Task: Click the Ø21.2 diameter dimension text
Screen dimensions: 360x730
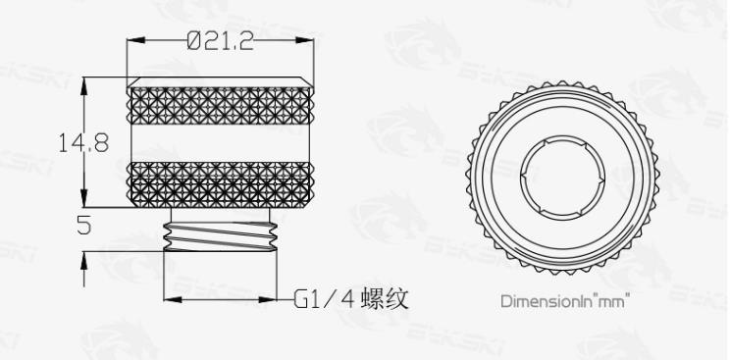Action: pos(221,41)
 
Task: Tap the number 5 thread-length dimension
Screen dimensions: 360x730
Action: pos(83,225)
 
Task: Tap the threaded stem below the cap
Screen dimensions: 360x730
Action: pos(221,236)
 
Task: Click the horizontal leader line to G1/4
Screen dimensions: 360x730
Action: pos(226,296)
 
